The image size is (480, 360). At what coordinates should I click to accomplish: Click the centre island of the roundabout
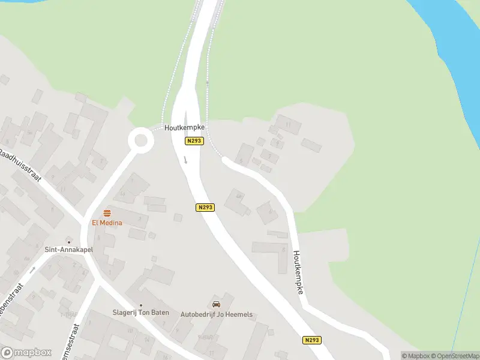pyautogui.click(x=141, y=141)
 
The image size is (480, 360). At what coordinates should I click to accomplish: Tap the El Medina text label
pyautogui.click(x=107, y=223)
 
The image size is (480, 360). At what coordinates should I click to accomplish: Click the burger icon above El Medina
pyautogui.click(x=107, y=213)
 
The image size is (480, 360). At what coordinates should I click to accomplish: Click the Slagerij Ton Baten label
pyautogui.click(x=141, y=313)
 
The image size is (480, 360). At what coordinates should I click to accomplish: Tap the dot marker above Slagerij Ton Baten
pyautogui.click(x=141, y=305)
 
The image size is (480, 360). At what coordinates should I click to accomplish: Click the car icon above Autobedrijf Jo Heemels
pyautogui.click(x=216, y=304)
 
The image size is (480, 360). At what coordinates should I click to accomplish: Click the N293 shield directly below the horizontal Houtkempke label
pyautogui.click(x=194, y=141)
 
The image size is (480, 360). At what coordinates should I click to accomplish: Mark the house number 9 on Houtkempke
pyautogui.click(x=277, y=143)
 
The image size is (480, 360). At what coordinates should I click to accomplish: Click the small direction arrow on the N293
pyautogui.click(x=186, y=160)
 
